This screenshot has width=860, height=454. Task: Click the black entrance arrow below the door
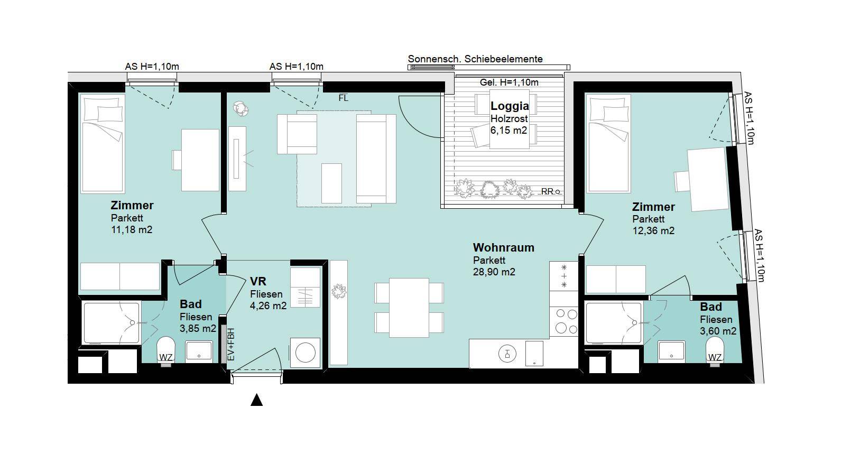[x=256, y=400]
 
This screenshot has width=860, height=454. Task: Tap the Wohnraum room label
[x=503, y=247]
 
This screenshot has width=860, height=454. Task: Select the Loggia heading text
[x=510, y=106]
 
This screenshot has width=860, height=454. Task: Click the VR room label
[x=258, y=281]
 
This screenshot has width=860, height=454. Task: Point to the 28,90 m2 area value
[x=494, y=272]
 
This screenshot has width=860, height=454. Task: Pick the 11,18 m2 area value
[x=132, y=230]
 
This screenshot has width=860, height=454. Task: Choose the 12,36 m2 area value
[x=653, y=231]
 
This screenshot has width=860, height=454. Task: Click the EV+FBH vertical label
[x=231, y=344]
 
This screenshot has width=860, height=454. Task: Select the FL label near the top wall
[x=343, y=98]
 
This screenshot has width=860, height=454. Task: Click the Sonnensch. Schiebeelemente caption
[x=475, y=59]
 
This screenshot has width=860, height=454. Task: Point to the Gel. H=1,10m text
[x=509, y=82]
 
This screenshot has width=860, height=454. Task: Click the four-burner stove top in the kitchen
[x=563, y=321]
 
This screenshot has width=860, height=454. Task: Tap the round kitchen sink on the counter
[x=507, y=354]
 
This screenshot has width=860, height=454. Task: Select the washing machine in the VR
[x=305, y=353]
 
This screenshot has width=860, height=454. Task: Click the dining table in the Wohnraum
[x=409, y=308]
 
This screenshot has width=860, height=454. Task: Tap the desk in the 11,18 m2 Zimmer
[x=200, y=160]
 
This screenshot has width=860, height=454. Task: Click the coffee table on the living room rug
[x=331, y=183]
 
